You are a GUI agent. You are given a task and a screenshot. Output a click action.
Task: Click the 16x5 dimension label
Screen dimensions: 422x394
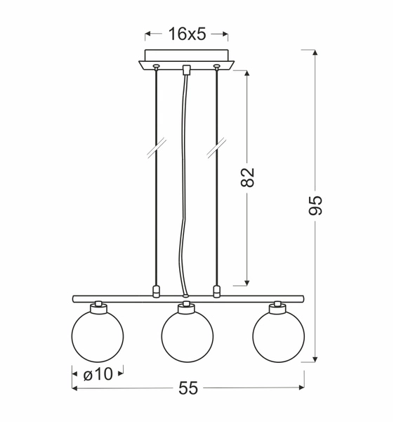click(x=186, y=33)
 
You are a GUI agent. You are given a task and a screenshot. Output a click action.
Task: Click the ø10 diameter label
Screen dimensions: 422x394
click(x=98, y=374)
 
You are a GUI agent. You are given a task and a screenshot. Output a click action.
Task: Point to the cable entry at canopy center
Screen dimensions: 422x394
click(x=186, y=70)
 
